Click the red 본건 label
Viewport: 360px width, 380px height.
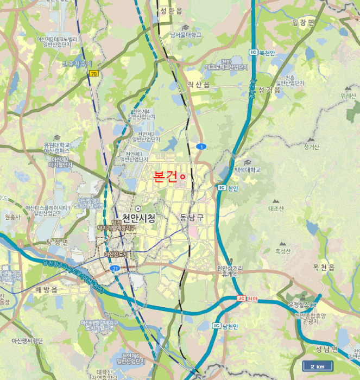pos(166,177)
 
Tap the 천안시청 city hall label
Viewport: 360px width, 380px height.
pos(138,218)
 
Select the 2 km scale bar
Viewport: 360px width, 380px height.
pos(318,366)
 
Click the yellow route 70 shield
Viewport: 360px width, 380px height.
pos(94,73)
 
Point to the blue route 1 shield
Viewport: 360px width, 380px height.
pos(201,147)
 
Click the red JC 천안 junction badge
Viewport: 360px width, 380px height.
pos(247,299)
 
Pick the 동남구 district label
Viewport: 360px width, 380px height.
pos(191,218)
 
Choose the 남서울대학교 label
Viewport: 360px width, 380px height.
pos(186,35)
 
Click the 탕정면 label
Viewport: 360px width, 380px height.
pos(57,242)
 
